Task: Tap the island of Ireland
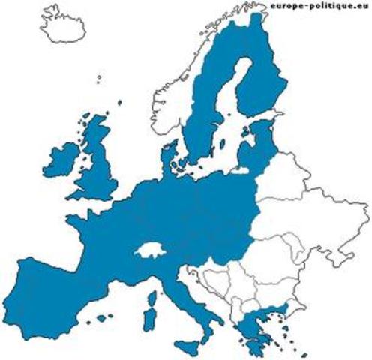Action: pos(61,160)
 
